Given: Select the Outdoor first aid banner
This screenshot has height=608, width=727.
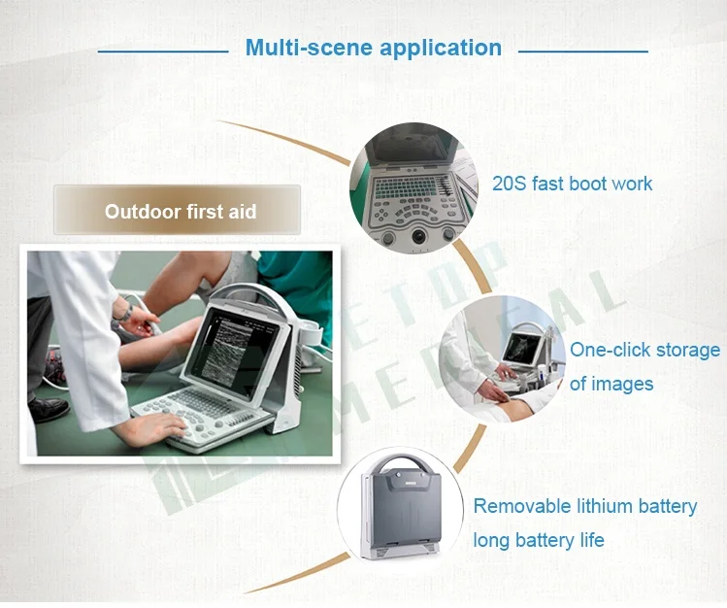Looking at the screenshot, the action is (177, 210).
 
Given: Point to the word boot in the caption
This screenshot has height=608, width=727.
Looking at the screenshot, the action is (588, 184).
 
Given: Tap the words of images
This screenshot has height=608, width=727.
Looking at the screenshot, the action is (611, 384).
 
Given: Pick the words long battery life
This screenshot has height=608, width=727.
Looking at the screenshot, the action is (539, 540).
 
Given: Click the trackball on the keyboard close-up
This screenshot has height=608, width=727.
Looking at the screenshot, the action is (418, 236).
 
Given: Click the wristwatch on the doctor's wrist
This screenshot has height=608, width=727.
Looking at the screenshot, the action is (124, 315).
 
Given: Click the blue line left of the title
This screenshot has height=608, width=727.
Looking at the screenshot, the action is (163, 51).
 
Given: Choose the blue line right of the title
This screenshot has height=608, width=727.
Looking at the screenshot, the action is (582, 51).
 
